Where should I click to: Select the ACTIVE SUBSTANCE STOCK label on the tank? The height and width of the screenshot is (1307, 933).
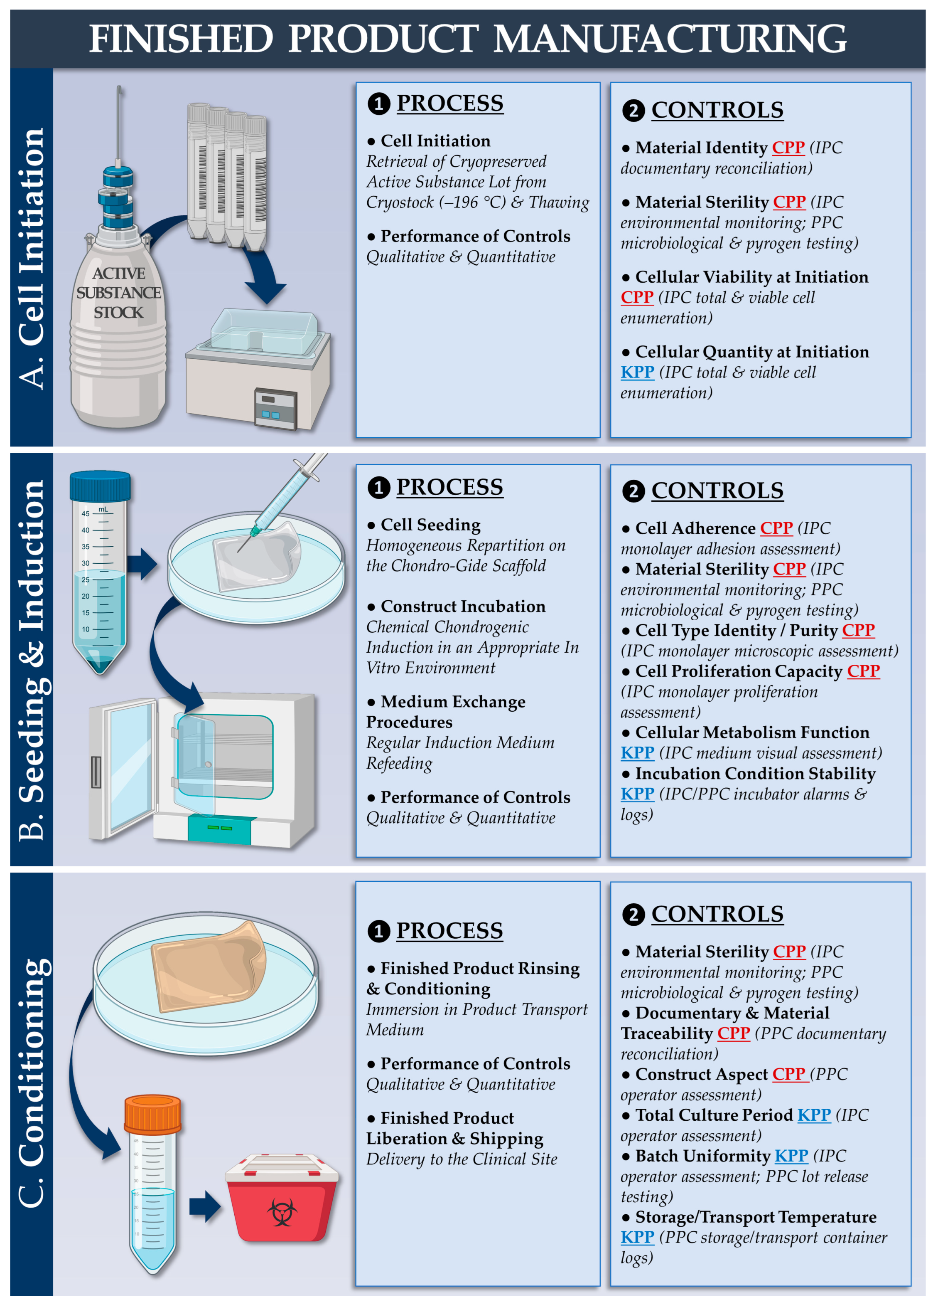(118, 293)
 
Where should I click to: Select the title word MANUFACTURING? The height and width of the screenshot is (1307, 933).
(669, 39)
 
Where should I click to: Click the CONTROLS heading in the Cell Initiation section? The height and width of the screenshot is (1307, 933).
(717, 110)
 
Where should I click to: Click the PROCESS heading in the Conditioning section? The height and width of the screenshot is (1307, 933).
(449, 930)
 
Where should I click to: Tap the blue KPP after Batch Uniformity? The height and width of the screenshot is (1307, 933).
(791, 1155)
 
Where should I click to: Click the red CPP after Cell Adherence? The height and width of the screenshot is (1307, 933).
(776, 528)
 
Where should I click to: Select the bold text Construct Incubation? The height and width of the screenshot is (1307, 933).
(463, 607)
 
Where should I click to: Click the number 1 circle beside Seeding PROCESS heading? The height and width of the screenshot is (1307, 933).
(378, 488)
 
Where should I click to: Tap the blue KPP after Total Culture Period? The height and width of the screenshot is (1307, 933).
(814, 1115)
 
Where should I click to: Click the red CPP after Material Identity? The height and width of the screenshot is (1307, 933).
(788, 148)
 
